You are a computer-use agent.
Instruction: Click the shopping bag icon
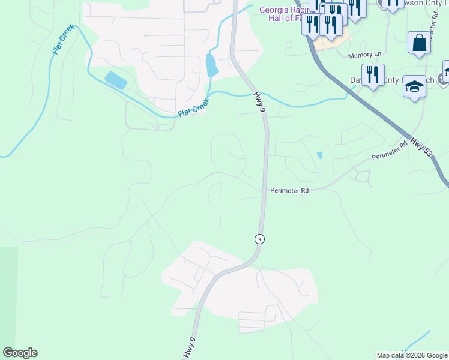pos(419,43)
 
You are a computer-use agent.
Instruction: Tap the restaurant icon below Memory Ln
pos(373,75)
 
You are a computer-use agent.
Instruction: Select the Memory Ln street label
pos(364,55)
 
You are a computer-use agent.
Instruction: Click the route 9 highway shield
pos(259,238)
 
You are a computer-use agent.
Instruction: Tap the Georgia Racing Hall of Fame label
pos(283,14)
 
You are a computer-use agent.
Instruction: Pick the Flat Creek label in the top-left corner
pos(63,39)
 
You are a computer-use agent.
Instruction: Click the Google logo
pos(20,353)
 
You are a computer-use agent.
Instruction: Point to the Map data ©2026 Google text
pos(412,355)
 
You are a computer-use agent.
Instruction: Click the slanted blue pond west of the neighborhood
pos(115,80)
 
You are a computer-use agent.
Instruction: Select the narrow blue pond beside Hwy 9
pos(212,65)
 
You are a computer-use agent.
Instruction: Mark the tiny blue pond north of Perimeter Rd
pos(319,155)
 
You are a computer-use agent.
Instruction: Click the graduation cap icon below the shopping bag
pos(414,86)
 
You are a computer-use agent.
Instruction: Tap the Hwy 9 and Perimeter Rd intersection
pos(264,191)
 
